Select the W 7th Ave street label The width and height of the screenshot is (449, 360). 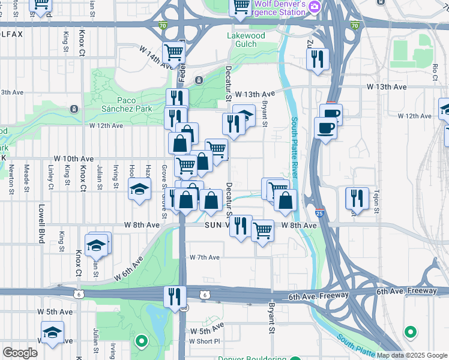(x=205, y=257)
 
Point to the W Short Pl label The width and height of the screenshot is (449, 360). (x=205, y=341)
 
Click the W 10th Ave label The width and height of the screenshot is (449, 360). (x=73, y=158)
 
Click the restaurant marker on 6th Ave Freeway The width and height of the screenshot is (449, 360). (x=175, y=296)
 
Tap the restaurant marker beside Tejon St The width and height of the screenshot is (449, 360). (x=357, y=197)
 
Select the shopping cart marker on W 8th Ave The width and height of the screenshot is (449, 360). (x=262, y=230)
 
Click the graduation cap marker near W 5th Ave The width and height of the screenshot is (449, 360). (x=52, y=333)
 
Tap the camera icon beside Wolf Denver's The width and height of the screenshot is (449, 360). (x=315, y=5)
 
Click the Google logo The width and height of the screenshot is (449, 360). (x=20, y=353)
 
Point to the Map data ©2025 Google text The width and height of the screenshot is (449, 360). (x=412, y=355)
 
